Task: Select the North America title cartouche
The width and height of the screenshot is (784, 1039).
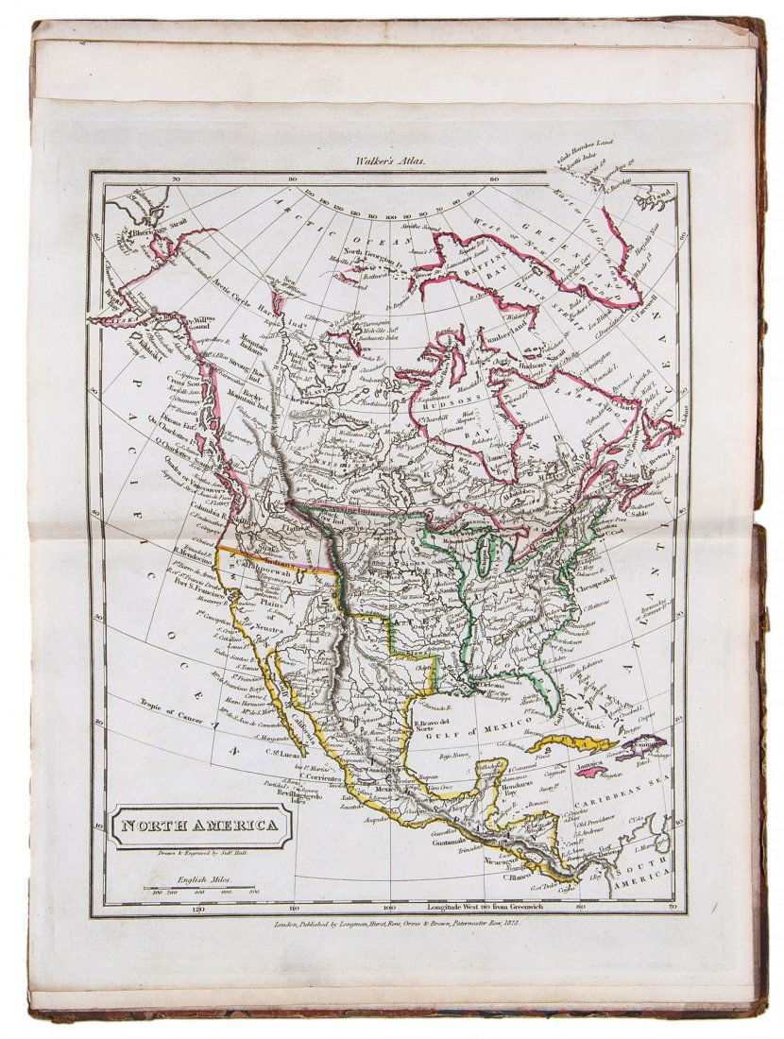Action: [x=198, y=826]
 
